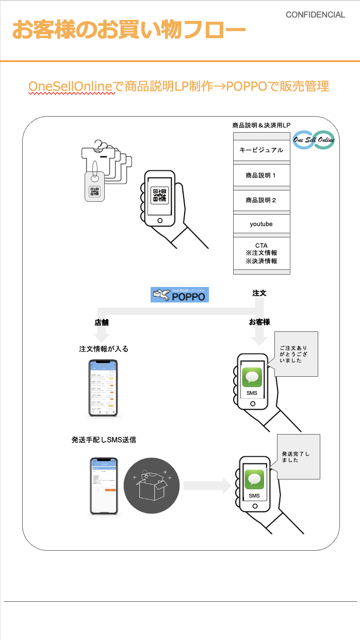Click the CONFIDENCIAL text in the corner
pos(315,15)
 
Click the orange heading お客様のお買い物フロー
pos(128,30)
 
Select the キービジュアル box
pos(261,150)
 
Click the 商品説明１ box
pos(261,175)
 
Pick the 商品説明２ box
pos(261,200)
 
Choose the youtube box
pos(261,224)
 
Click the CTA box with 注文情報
pos(261,253)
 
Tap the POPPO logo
pos(179,295)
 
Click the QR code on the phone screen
pos(159,195)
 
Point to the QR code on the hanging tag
pos(95,192)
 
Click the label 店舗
pos(102,323)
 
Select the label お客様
pos(259,322)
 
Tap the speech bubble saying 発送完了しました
pos(298,457)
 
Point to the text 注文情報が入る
pos(104,349)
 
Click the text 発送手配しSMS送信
pos(104,440)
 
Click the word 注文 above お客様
pos(259,293)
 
